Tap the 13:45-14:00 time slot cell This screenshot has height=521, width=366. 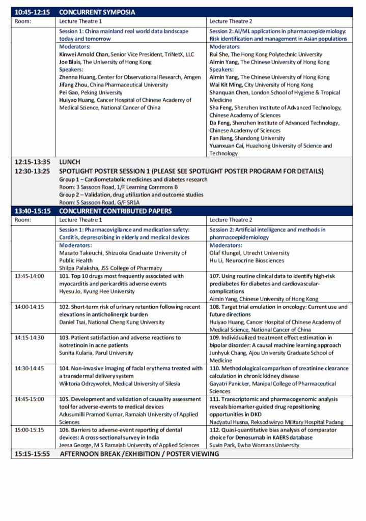point(30,276)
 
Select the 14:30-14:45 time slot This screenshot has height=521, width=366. point(30,368)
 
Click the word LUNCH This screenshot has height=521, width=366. point(70,162)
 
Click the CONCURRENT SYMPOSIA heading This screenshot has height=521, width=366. point(97,12)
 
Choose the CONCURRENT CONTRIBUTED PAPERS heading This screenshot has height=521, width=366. point(116,211)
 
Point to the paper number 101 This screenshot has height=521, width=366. point(64,276)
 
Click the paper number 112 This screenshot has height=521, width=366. point(215,430)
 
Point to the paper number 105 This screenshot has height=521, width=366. point(64,399)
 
